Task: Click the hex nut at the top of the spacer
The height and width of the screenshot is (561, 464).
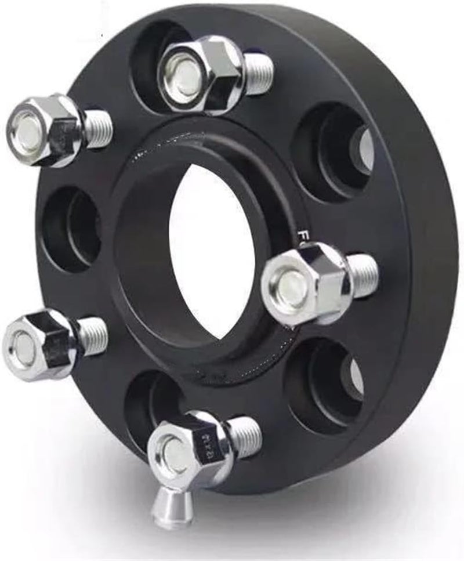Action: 200,74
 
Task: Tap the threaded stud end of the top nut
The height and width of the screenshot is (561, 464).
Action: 258,73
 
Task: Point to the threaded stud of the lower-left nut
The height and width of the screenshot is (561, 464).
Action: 93,336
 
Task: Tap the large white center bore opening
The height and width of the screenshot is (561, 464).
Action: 212,249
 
